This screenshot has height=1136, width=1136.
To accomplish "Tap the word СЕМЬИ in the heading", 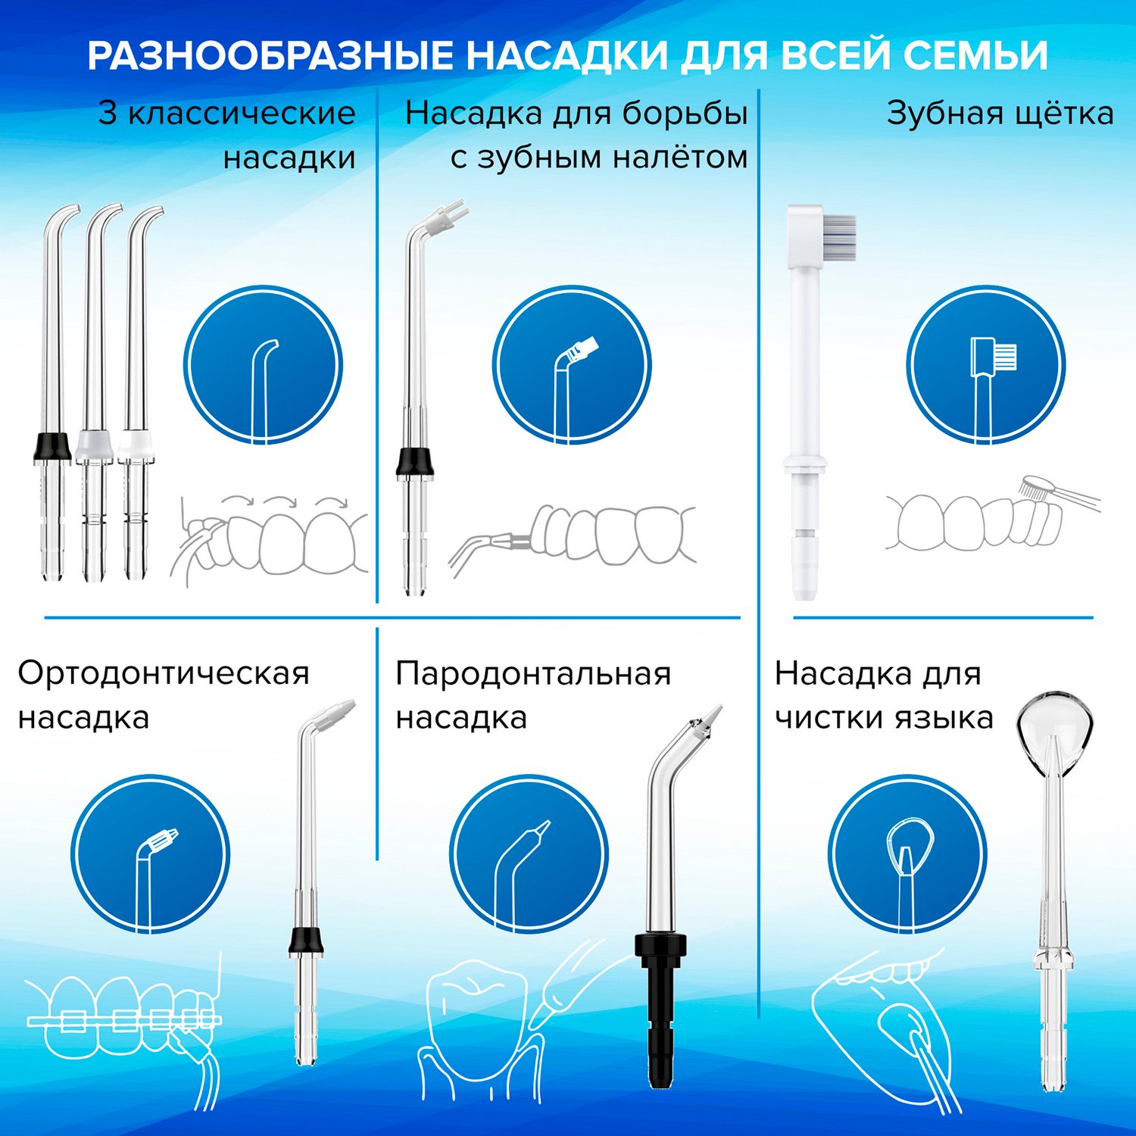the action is [x=976, y=55].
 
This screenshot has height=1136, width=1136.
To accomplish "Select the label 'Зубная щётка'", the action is [x=1000, y=114].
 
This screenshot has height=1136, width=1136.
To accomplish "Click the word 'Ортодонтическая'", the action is [x=164, y=673].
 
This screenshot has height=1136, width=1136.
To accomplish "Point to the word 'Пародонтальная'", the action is [x=533, y=673].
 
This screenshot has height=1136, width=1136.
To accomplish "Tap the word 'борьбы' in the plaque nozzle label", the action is [x=685, y=114].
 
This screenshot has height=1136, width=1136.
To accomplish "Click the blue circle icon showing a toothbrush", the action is [x=986, y=365].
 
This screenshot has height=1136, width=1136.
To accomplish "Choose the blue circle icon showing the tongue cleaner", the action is [x=907, y=854].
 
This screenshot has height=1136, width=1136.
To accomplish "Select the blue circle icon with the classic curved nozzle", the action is [x=263, y=365].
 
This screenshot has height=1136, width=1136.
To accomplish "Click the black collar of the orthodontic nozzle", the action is [x=307, y=940].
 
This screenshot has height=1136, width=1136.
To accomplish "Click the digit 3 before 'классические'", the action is [x=108, y=114].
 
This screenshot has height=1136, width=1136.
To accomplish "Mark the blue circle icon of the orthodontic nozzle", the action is [x=150, y=854].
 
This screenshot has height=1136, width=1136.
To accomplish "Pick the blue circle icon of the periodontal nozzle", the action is [x=529, y=854].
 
